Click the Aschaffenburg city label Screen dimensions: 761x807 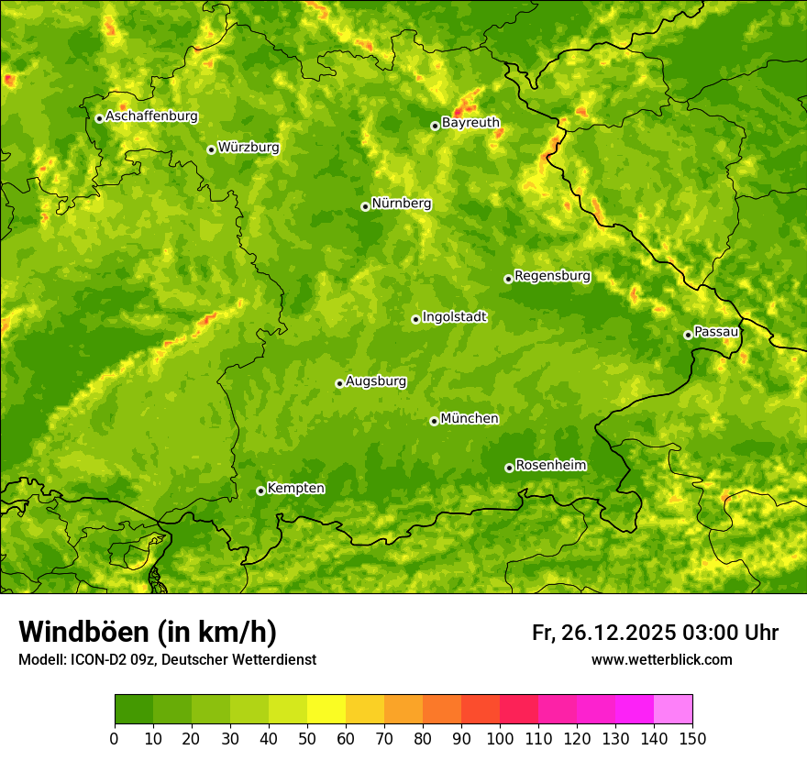(x=151, y=116)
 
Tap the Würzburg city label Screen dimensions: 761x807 (x=249, y=148)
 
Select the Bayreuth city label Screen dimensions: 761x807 (x=470, y=123)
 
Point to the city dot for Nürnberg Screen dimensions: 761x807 (x=365, y=206)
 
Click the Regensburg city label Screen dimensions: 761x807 (x=552, y=276)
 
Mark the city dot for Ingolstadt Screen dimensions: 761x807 (x=415, y=319)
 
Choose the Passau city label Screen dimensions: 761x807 (x=716, y=332)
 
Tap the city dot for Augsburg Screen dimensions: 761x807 (x=339, y=383)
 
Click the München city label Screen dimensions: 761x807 (x=470, y=419)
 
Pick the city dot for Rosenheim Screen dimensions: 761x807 (x=509, y=468)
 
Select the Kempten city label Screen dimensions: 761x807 (x=295, y=489)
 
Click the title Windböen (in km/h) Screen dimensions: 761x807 (x=148, y=632)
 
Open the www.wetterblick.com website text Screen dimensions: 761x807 (x=661, y=659)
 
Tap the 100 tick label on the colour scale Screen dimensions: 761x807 (x=500, y=738)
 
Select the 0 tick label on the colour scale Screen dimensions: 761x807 (x=115, y=738)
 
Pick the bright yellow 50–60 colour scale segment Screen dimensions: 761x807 (x=326, y=710)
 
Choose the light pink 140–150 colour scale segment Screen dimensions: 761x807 (x=673, y=710)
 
